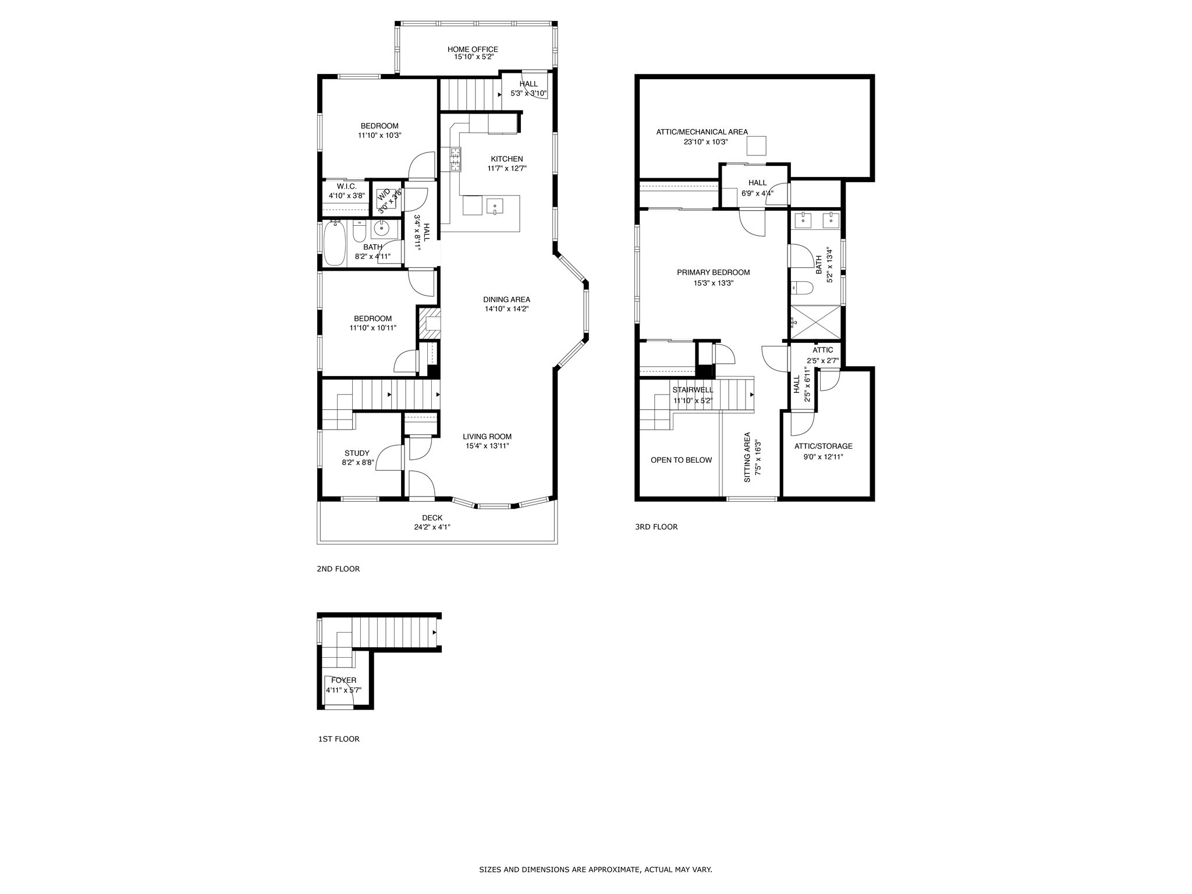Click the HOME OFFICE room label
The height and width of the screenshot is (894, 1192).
(473, 49)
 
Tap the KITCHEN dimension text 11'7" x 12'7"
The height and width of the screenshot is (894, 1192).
(506, 169)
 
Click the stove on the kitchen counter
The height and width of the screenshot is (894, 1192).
(455, 159)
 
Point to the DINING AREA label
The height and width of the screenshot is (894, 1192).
(506, 300)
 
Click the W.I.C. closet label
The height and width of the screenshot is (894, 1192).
(346, 186)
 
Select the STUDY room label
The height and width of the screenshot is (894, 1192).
(357, 453)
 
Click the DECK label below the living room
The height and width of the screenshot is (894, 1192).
(432, 518)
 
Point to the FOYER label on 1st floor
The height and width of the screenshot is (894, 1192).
(343, 680)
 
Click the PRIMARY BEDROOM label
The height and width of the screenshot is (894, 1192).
(713, 272)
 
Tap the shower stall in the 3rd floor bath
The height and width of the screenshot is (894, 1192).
(815, 322)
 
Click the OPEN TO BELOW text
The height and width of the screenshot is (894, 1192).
(681, 460)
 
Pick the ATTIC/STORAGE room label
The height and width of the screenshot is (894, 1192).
(823, 446)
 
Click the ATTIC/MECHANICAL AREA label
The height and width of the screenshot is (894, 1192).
(702, 132)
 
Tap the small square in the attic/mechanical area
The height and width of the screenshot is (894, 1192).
(757, 146)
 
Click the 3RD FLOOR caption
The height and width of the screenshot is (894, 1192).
(656, 527)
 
